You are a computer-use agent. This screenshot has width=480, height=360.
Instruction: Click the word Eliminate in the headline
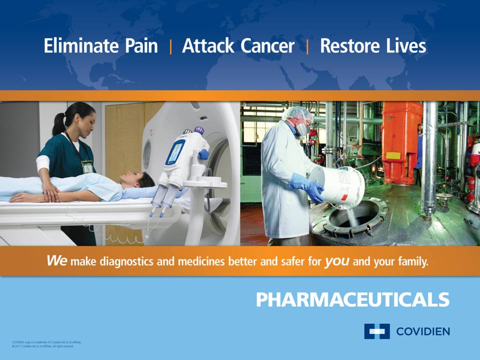(x=75, y=46)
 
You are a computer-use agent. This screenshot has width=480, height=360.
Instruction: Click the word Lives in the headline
(x=406, y=46)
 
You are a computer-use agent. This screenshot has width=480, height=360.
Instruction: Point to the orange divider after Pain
(x=170, y=47)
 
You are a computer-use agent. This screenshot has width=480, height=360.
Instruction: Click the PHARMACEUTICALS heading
(x=352, y=299)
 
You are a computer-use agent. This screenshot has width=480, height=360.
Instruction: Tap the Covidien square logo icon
(x=376, y=331)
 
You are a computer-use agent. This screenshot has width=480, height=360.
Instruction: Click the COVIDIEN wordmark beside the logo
(x=422, y=331)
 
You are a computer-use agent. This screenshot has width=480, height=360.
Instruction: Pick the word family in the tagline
(x=412, y=261)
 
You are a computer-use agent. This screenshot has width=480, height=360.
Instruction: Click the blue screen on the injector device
(x=175, y=151)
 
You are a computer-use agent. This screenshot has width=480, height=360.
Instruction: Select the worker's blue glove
(x=306, y=186)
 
